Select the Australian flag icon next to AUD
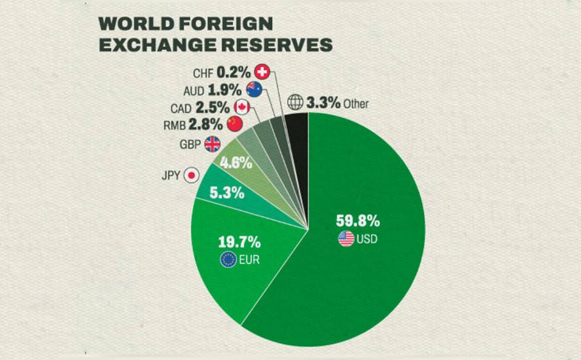point(254,90)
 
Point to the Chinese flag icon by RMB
point(234,124)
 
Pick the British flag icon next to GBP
point(213,145)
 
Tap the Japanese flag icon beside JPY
point(191,175)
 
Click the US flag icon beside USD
point(346,239)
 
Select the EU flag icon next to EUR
point(228,260)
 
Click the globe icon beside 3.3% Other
point(296,103)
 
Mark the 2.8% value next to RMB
point(205,124)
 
